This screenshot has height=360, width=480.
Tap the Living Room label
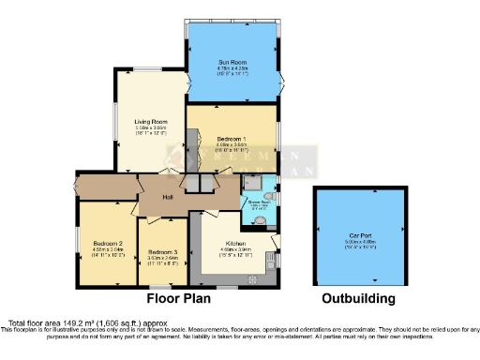click(150, 121)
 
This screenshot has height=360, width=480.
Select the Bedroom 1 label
click(231, 138)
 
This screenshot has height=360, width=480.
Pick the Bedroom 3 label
click(163, 251)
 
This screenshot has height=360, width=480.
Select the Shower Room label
click(259, 200)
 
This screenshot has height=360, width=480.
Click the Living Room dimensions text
click(150, 127)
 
